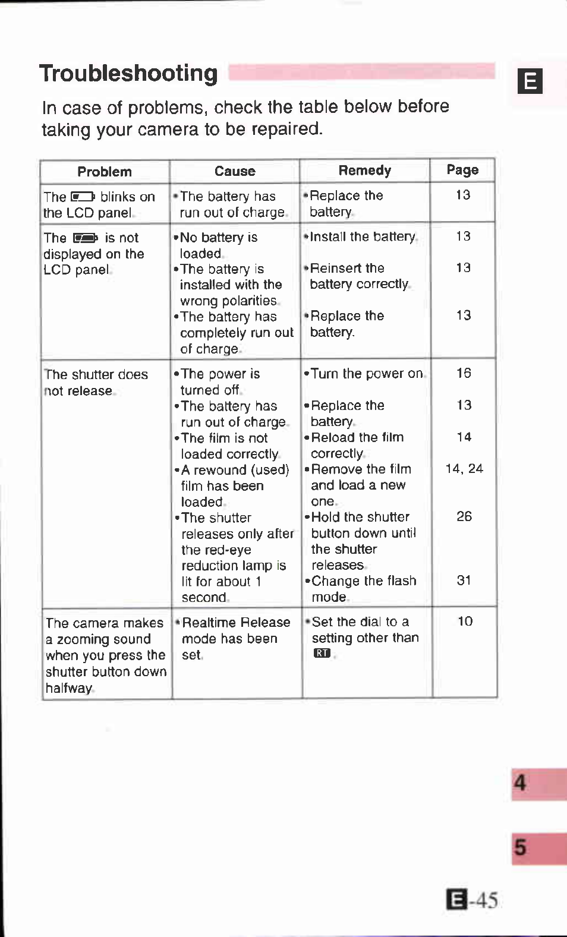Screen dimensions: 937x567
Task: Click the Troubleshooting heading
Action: coord(128,74)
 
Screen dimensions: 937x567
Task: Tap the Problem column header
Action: coord(105,172)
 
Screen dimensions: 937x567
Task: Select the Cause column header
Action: coord(235,171)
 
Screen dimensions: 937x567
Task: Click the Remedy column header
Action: coord(365,171)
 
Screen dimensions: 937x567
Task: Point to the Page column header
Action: coord(462,170)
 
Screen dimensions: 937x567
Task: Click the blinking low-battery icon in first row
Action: coord(83,197)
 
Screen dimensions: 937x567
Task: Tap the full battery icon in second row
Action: coord(86,238)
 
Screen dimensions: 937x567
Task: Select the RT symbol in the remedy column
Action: coord(322,653)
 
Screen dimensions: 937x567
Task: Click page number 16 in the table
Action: coord(464,373)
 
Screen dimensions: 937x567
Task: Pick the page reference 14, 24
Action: coord(464,469)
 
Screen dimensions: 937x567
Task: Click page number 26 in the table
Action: coord(464,516)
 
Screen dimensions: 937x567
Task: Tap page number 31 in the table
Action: coord(464,580)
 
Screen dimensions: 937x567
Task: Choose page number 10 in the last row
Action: coord(465,621)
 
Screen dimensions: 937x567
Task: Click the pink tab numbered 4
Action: coord(538,783)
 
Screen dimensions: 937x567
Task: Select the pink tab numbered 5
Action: coord(538,848)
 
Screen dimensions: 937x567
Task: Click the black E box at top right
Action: coord(530,81)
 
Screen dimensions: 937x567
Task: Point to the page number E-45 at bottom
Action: coord(472,900)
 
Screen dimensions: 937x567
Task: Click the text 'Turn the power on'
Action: coord(366,374)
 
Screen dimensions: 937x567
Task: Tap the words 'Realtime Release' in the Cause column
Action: coord(236,623)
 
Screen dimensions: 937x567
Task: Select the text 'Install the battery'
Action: coord(363,236)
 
